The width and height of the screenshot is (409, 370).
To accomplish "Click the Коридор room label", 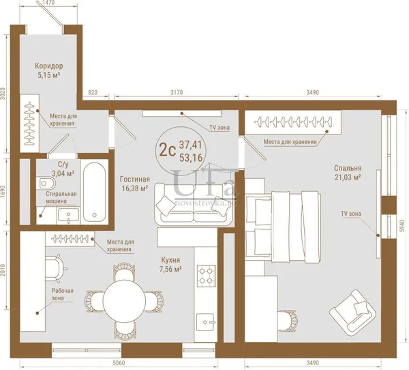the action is tap(49, 66).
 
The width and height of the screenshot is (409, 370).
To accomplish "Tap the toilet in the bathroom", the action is tap(46, 183).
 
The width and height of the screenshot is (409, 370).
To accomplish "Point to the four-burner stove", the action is tap(206, 274).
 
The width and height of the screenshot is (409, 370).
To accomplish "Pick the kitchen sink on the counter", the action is tap(206, 322).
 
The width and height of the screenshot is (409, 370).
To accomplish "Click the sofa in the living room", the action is tap(194, 205).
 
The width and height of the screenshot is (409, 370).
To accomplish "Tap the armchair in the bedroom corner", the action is tap(352, 313).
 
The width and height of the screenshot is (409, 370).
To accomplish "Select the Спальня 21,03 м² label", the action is tap(348, 173).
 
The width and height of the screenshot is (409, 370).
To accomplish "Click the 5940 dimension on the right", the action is tap(402, 226).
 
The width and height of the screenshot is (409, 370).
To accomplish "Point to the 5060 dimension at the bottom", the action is tap(119, 363).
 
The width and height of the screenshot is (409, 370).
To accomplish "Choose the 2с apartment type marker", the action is tap(167, 151).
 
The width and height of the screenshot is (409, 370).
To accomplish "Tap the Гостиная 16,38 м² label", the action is tap(135, 184).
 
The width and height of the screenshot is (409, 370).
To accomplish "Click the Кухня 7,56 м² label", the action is tap(170, 264).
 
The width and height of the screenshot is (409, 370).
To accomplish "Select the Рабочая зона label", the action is tap(63, 294).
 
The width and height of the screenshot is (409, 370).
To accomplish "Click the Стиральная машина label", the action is tap(61, 197).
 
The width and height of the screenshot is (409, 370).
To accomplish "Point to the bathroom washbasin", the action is tap(68, 215).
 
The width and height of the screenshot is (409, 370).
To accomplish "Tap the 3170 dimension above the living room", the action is tap(177, 93).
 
